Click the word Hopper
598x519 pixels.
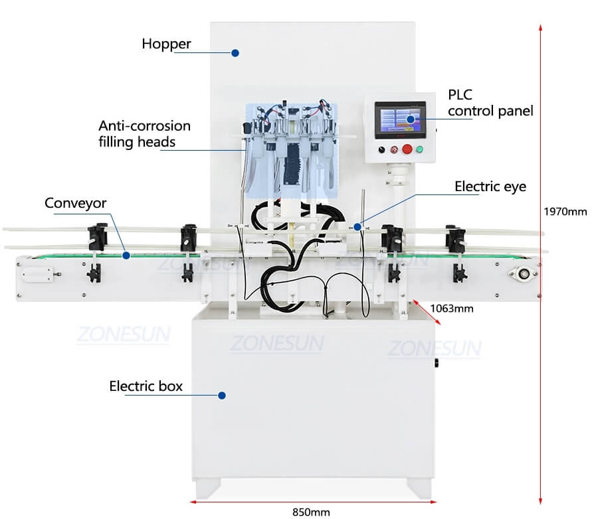166,44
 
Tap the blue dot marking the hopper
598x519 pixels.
235,52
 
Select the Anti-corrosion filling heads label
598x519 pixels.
144,133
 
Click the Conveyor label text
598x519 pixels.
76,203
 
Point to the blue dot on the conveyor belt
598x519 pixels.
126,254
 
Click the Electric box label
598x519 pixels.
146,386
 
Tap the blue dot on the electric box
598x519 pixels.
222,395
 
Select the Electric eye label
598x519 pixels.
490,186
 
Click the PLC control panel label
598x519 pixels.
490,103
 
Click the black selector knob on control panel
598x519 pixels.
381,149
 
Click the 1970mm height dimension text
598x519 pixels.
565,212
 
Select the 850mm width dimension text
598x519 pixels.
311,512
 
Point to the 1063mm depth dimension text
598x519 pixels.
451,308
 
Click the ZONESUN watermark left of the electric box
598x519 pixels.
123,334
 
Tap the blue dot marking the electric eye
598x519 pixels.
357,226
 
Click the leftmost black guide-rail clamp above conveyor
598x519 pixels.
97,235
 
